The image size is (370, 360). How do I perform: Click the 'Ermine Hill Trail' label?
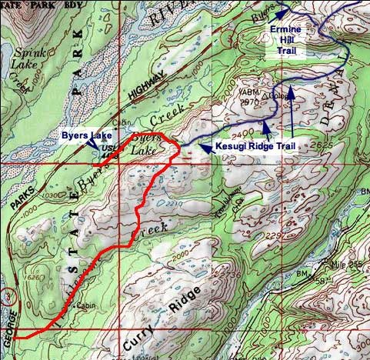tap(288, 40)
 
